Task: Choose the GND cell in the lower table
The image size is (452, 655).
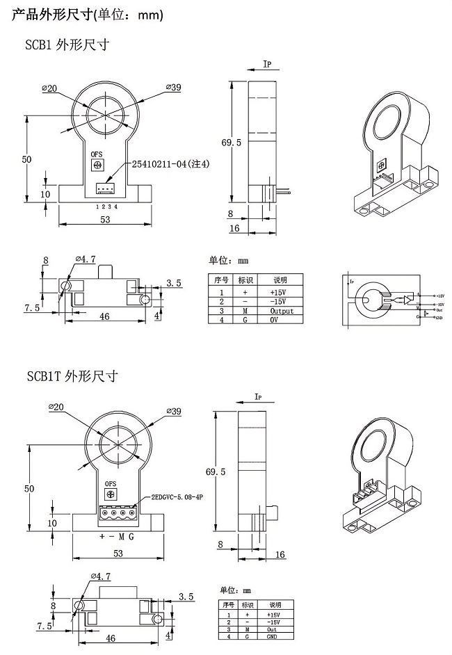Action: [x=273, y=636]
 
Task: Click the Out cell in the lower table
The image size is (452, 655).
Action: [x=273, y=629]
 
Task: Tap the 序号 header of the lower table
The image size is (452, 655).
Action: [x=227, y=605]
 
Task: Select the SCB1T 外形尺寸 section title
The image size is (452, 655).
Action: [x=72, y=376]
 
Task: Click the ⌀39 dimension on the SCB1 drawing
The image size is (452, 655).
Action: [x=174, y=87]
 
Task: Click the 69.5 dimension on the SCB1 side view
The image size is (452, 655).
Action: [x=232, y=143]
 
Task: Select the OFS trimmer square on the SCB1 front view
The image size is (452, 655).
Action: [x=97, y=165]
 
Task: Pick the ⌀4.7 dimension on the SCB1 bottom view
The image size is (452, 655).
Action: [x=86, y=259]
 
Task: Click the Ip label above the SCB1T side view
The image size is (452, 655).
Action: [x=257, y=397]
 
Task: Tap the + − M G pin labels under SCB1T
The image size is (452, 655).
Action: [x=118, y=537]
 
